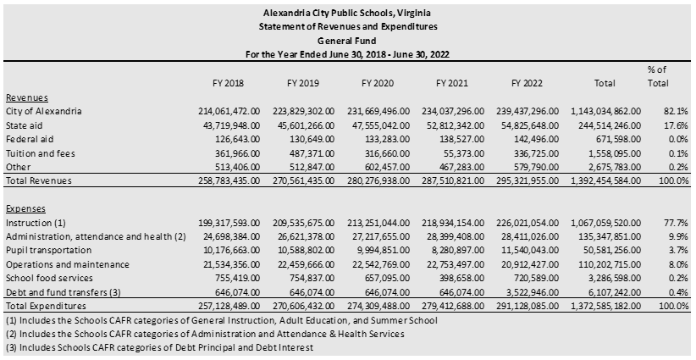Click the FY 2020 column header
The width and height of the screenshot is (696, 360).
378,83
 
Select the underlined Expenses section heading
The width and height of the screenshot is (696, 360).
25,208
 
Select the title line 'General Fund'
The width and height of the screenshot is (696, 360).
347,40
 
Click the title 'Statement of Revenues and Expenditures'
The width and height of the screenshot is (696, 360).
347,26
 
